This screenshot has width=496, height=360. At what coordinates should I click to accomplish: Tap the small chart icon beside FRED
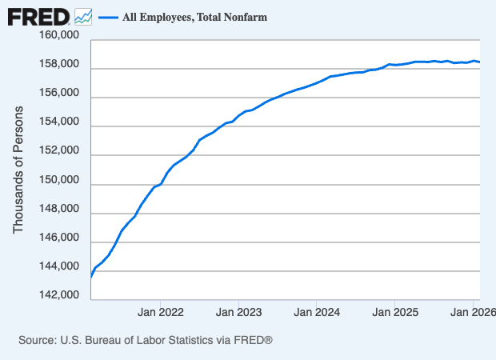83,16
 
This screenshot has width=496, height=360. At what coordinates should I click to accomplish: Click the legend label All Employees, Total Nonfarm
194,16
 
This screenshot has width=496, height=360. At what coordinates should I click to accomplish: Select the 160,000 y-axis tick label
58,36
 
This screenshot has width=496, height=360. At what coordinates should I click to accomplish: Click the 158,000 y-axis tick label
58,65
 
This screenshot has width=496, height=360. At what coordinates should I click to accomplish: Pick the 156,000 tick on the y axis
58,94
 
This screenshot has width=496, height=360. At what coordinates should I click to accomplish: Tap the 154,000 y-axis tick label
58,122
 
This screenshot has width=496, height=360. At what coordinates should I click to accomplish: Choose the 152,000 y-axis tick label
58,151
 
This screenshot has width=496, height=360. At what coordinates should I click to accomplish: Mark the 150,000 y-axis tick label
58,180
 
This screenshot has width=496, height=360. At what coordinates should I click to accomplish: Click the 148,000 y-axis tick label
58,209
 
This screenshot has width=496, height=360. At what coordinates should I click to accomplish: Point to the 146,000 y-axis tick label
58,238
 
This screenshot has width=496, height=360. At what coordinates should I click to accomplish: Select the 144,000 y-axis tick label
58,266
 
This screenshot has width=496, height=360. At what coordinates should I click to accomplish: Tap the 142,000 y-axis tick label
58,295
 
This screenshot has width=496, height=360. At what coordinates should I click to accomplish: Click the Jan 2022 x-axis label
161,311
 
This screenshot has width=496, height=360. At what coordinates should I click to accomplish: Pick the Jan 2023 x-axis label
238,311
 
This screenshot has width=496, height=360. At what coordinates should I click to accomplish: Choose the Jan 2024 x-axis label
317,311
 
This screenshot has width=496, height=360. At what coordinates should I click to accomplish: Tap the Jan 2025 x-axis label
394,311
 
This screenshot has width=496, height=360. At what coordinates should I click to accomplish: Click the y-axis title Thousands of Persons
19,169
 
